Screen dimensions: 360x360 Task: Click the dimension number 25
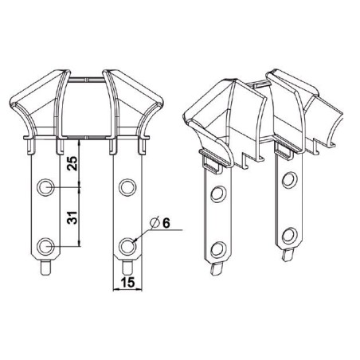[x=72, y=166]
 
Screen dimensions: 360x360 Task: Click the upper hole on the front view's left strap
[x=46, y=187]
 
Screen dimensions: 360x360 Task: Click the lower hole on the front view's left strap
[x=46, y=245]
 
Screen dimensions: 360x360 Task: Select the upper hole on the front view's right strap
[x=125, y=187]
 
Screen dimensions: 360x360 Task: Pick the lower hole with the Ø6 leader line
[x=125, y=245]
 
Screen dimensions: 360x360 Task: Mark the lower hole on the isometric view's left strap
[x=214, y=245]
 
